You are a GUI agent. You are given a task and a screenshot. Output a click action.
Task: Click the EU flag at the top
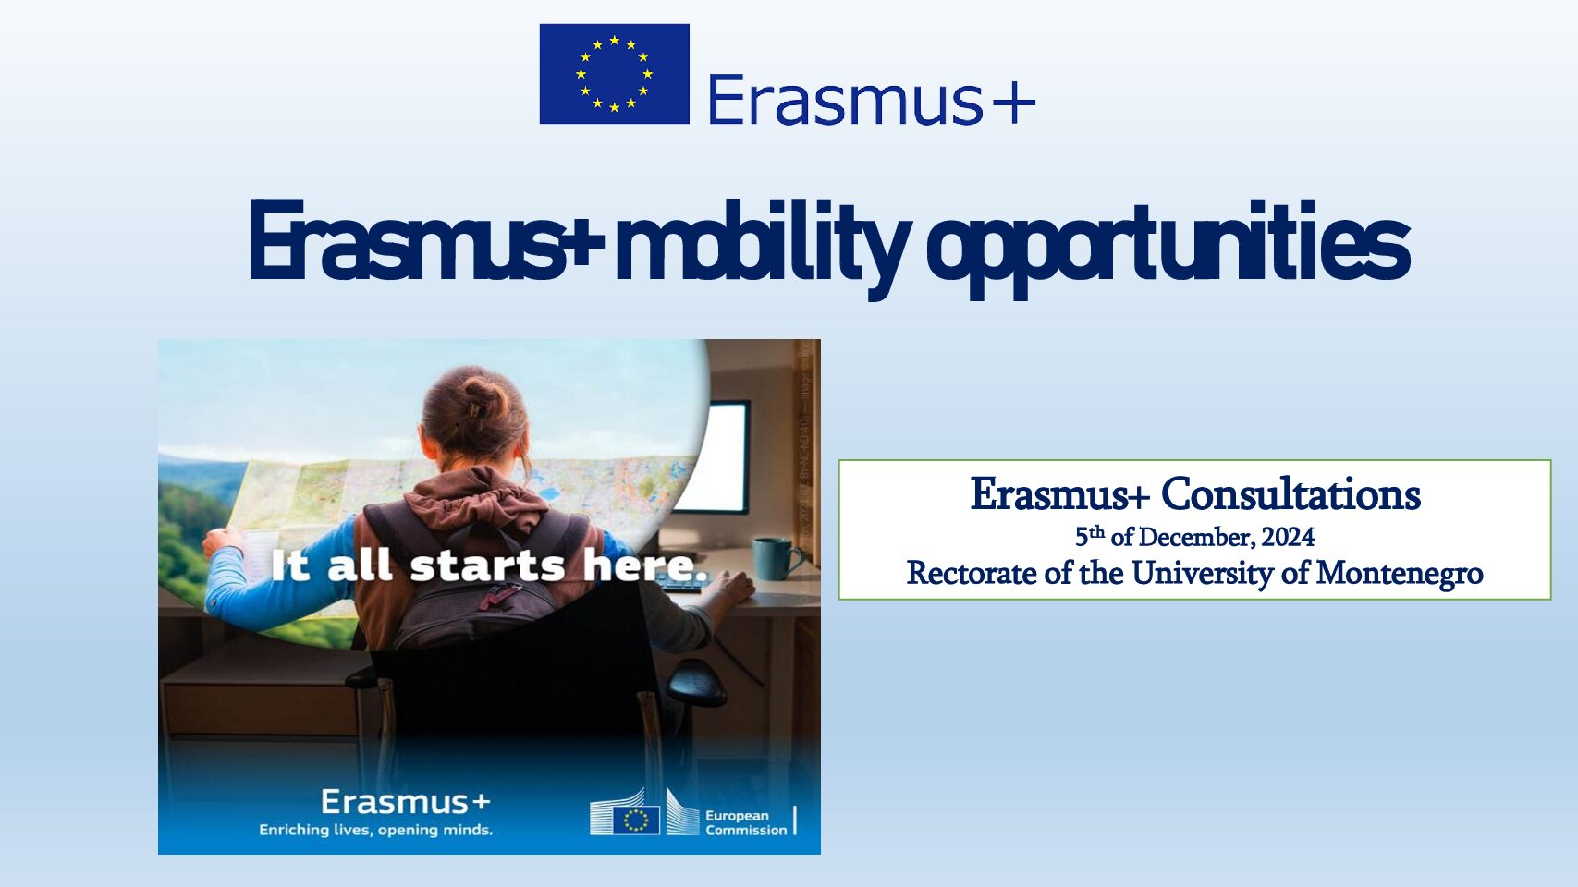(615, 74)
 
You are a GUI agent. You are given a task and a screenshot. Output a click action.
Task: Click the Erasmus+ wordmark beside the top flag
(872, 100)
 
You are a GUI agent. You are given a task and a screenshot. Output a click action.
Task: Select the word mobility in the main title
(763, 244)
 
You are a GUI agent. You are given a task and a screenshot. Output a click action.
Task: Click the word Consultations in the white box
(1291, 494)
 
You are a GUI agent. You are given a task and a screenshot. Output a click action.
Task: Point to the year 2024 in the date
(1288, 537)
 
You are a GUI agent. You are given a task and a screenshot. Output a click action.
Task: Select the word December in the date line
(1197, 537)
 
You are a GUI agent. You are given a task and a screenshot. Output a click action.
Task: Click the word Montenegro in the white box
(1400, 573)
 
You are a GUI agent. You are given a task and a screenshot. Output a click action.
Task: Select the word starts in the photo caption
(487, 566)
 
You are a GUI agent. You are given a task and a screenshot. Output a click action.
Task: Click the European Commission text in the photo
(746, 822)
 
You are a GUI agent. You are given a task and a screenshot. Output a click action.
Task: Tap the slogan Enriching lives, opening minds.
(375, 830)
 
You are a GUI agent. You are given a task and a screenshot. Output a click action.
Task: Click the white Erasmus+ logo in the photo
(405, 801)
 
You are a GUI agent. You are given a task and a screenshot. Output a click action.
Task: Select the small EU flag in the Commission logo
(636, 820)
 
